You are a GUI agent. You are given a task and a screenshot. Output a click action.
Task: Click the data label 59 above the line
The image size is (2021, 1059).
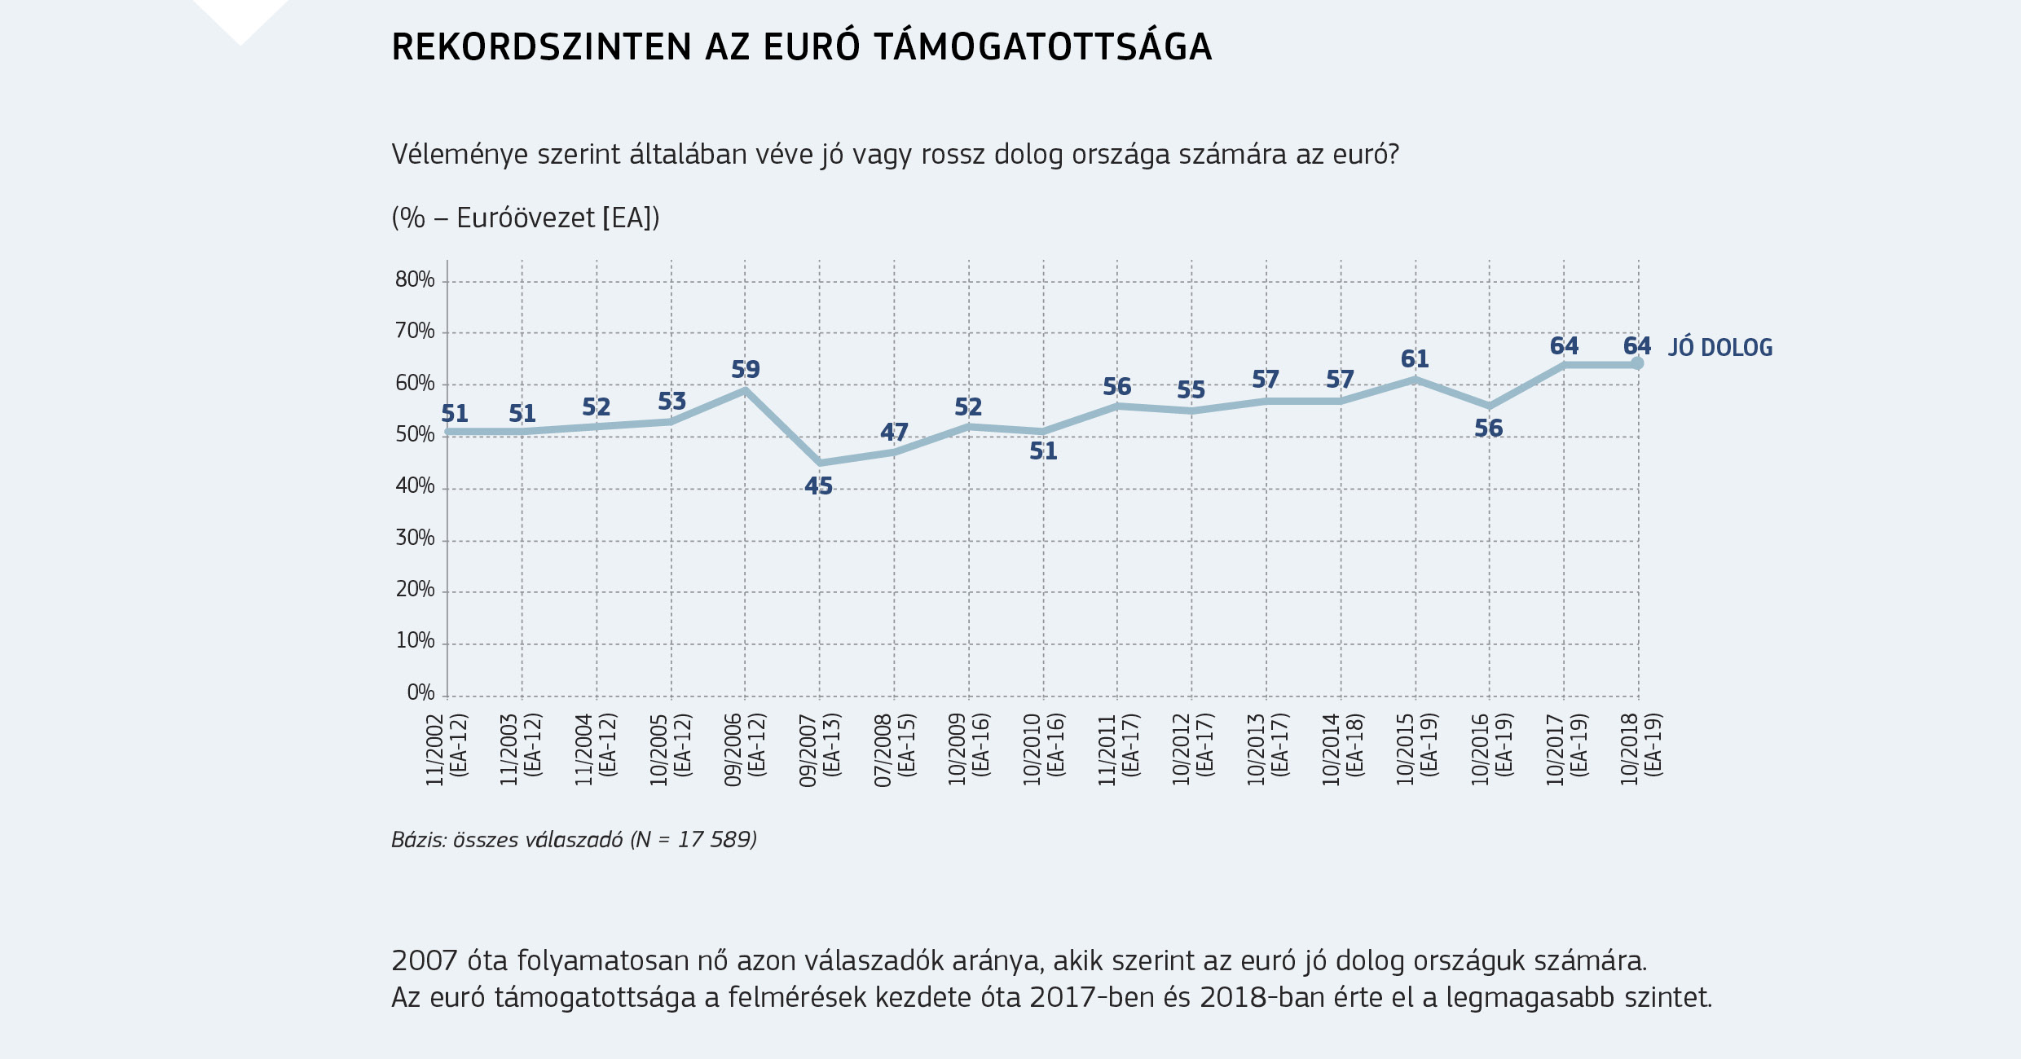745,370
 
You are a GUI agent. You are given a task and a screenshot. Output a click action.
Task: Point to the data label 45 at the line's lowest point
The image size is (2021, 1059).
818,486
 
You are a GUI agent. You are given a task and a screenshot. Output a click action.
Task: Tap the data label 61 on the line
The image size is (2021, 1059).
1415,359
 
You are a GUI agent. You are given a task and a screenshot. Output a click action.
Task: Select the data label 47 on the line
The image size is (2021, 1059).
894,432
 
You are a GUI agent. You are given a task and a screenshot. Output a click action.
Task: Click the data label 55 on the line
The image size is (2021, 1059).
1191,390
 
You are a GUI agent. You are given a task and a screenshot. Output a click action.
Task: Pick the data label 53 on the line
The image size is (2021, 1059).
671,402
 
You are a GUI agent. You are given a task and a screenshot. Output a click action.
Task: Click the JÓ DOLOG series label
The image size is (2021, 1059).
1719,348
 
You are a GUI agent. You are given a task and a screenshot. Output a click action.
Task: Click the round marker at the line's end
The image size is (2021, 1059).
1637,363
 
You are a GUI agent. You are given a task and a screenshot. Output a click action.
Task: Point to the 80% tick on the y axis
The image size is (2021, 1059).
415,280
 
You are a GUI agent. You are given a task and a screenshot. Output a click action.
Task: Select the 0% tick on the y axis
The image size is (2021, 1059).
420,693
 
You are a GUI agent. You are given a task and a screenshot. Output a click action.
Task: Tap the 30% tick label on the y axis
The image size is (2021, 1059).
415,538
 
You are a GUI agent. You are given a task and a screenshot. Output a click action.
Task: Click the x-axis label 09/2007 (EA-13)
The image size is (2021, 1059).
819,749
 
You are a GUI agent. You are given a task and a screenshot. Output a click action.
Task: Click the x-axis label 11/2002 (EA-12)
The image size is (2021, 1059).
446,749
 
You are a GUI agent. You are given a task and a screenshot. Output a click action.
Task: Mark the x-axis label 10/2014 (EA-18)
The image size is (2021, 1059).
1341,749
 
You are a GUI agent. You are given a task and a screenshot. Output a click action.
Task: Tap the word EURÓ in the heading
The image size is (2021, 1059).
811,47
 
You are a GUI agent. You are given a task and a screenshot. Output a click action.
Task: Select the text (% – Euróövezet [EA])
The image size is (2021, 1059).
525,218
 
